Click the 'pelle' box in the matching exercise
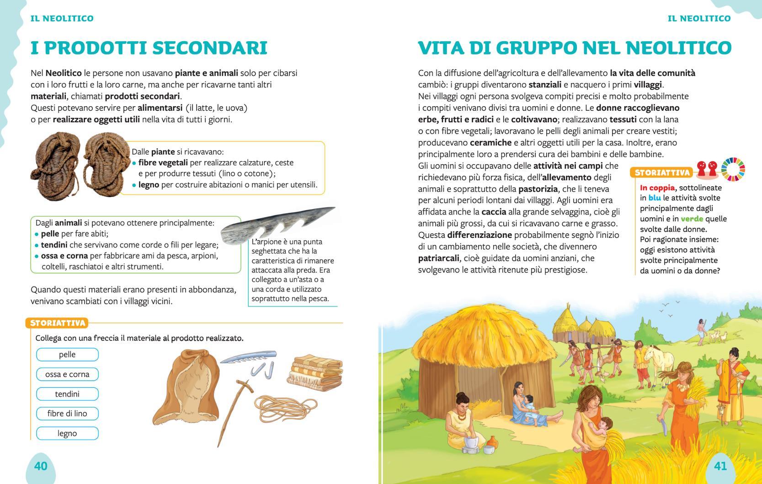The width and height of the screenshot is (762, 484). (x=67, y=355)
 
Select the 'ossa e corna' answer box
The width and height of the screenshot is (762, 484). (x=67, y=374)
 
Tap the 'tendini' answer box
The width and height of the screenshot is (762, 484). (x=67, y=394)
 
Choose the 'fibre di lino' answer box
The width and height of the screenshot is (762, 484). (x=67, y=414)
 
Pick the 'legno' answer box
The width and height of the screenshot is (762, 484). (x=67, y=433)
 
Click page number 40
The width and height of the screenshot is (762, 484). (x=41, y=466)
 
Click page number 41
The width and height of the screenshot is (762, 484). (x=720, y=466)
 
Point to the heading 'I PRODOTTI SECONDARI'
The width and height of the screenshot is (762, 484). (x=149, y=48)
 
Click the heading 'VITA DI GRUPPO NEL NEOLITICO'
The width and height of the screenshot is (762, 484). (x=575, y=48)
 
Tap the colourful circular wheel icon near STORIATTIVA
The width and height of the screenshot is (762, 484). (x=733, y=169)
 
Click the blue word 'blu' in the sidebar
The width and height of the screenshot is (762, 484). (x=655, y=198)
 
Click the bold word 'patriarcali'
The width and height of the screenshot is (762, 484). (x=438, y=258)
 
